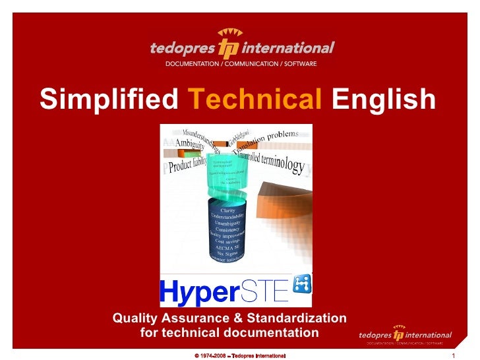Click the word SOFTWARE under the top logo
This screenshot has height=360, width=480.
coord(297,64)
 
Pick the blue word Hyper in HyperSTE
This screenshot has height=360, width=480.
coord(194,291)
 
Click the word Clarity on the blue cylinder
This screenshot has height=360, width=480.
coord(227,210)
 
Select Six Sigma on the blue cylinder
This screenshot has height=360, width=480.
coord(227,252)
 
